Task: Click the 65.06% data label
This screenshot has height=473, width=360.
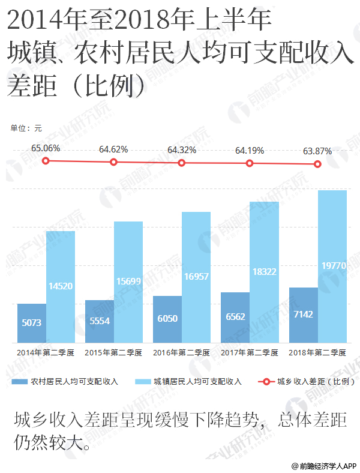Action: pos(46,148)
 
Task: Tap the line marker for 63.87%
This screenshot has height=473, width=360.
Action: pos(318,164)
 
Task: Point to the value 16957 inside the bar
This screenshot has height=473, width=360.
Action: pos(196,276)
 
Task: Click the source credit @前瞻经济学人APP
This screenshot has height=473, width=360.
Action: pos(324,465)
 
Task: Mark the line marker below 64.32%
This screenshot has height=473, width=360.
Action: pos(182,163)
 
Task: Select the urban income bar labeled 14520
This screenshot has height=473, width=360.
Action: pos(61,286)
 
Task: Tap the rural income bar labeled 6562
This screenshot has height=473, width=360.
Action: pos(235,318)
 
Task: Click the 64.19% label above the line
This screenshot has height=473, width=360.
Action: pos(250,150)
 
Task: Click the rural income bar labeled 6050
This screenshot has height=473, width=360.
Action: pos(167,319)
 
